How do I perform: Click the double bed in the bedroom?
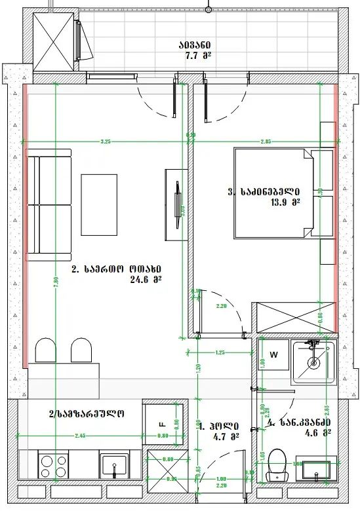[x=271, y=193]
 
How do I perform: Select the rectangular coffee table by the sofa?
[x=99, y=204]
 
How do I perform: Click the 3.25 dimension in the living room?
[x=105, y=142]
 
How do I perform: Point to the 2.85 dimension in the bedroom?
[x=265, y=142]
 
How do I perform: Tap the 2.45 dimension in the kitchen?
[x=80, y=436]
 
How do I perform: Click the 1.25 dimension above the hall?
[x=221, y=353]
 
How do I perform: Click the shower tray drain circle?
[x=313, y=362]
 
